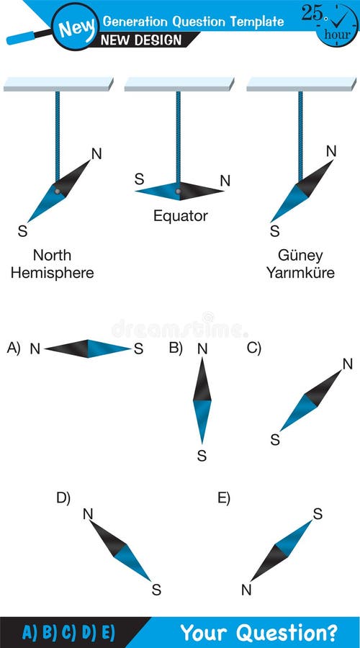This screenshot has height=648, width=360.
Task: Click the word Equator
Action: (x=180, y=215)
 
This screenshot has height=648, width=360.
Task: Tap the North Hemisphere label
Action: (x=62, y=264)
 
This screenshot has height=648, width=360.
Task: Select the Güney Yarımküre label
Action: (x=300, y=264)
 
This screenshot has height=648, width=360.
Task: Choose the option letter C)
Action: (x=253, y=348)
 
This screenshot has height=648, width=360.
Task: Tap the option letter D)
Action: (x=63, y=498)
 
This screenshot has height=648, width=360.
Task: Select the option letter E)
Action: (x=223, y=498)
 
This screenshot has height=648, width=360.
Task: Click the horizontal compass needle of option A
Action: (x=88, y=349)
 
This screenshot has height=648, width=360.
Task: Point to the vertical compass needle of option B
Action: (x=202, y=401)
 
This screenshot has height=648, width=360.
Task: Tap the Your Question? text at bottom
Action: (x=258, y=633)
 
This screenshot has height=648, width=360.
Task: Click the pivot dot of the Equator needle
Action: (x=178, y=192)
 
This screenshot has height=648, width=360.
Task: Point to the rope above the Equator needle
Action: (x=178, y=137)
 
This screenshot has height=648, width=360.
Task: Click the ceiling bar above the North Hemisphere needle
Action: (x=58, y=84)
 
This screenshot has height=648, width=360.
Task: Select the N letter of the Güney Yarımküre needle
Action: (x=331, y=151)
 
